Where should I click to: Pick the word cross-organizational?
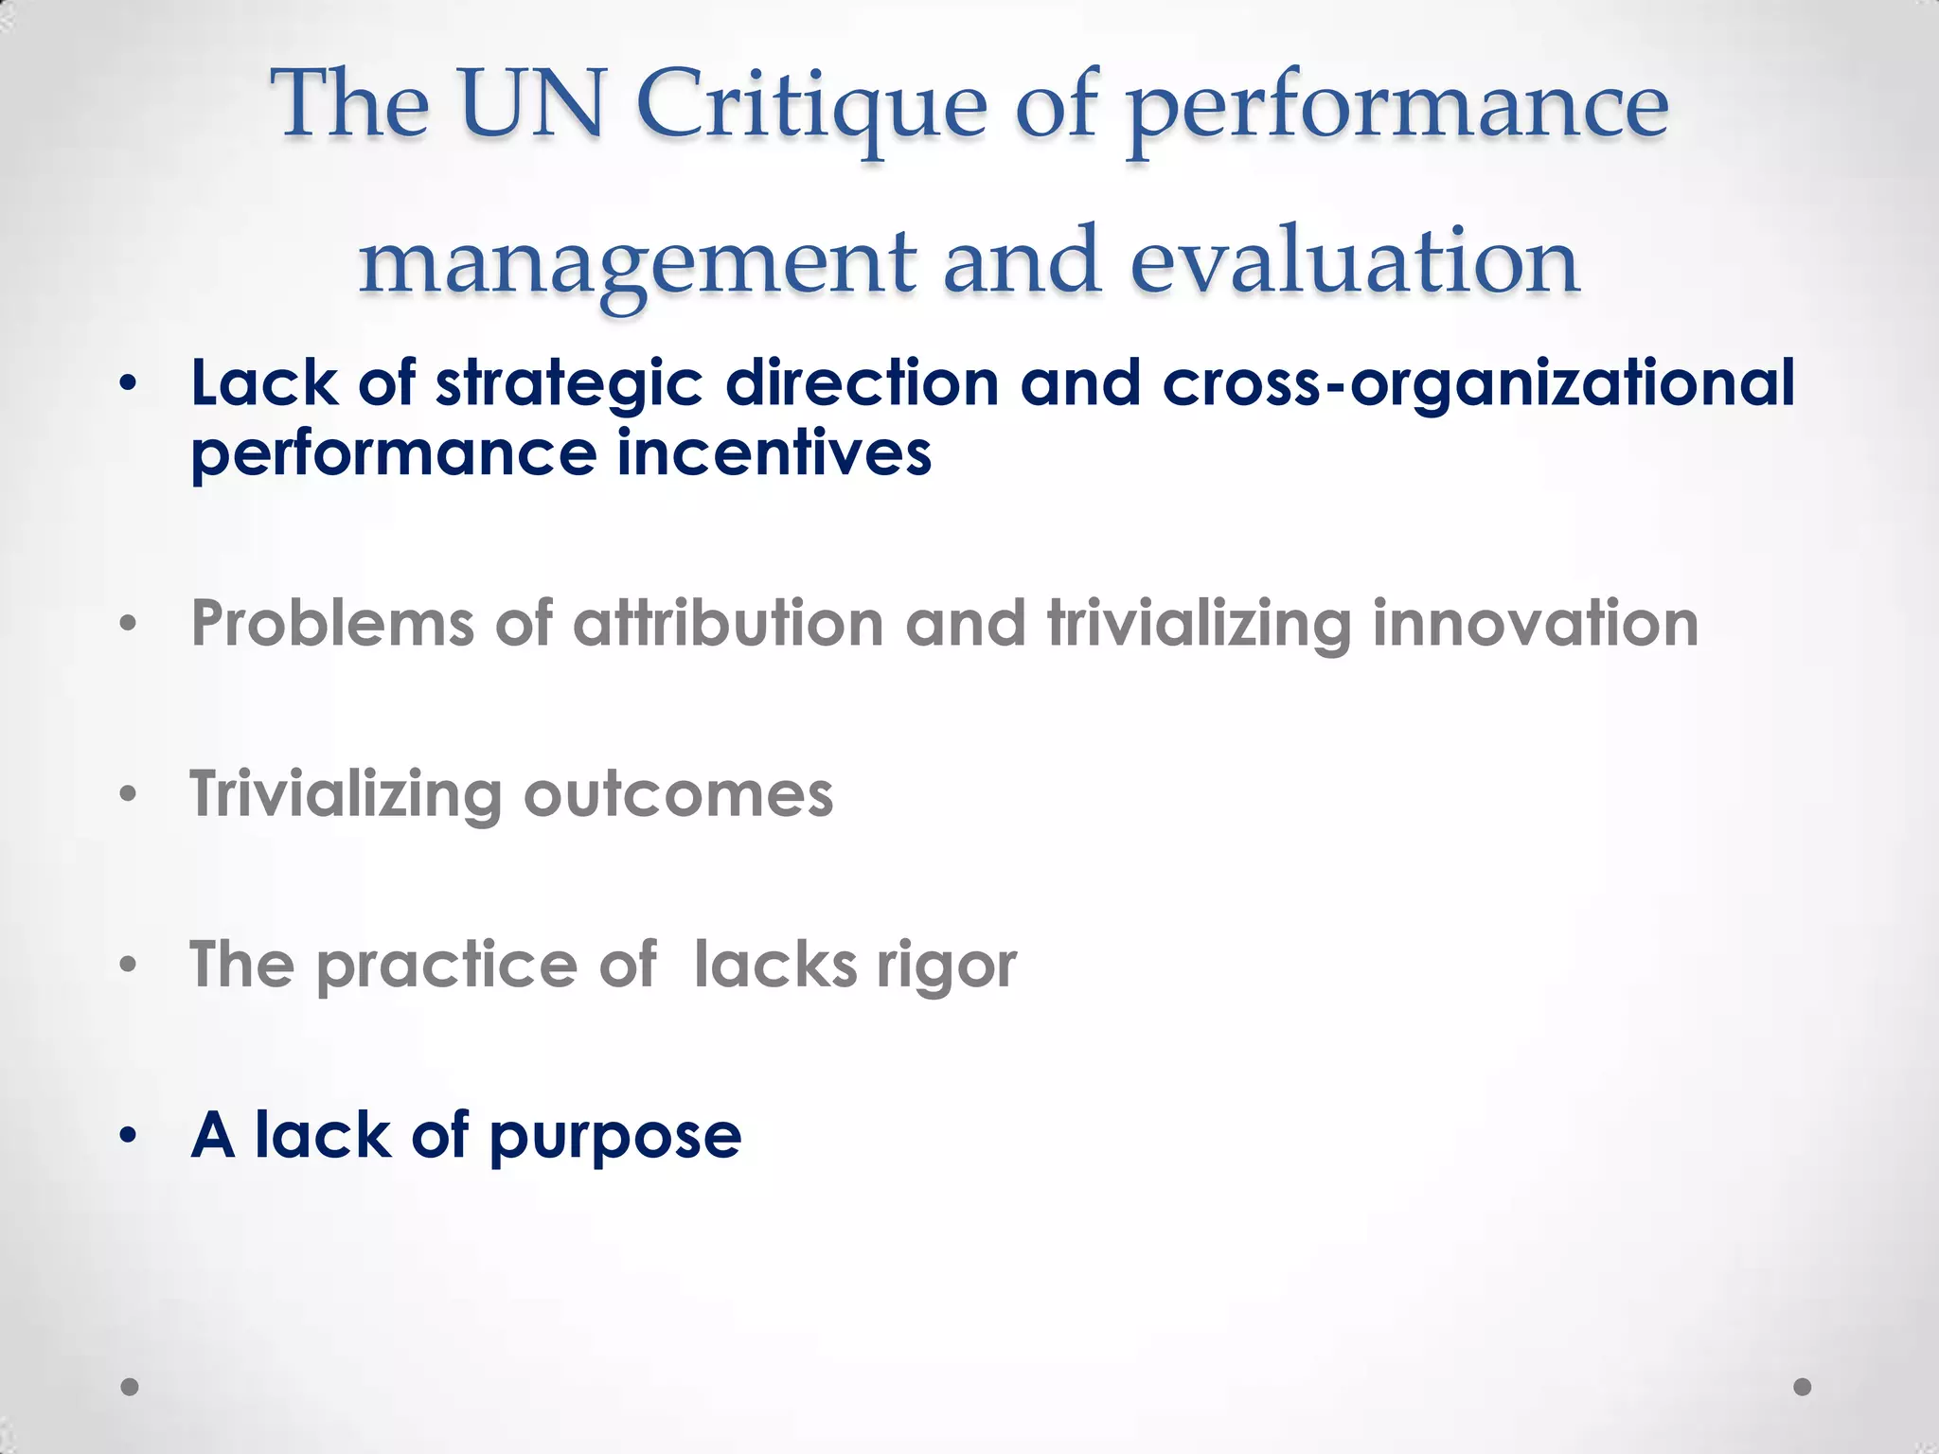pos(1477,384)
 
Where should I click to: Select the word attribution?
pos(728,624)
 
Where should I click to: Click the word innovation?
pos(1535,624)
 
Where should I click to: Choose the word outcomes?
pos(678,794)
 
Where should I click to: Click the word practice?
pos(446,966)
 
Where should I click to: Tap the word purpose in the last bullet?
pos(615,1137)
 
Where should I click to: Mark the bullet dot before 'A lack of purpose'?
pos(129,1135)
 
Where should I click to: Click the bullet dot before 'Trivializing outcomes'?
pos(129,794)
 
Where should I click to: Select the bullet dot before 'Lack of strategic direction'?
pos(129,384)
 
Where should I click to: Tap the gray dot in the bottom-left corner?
pos(130,1387)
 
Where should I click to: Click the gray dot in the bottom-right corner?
pos(1803,1387)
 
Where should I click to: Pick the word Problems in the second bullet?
pos(332,624)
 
